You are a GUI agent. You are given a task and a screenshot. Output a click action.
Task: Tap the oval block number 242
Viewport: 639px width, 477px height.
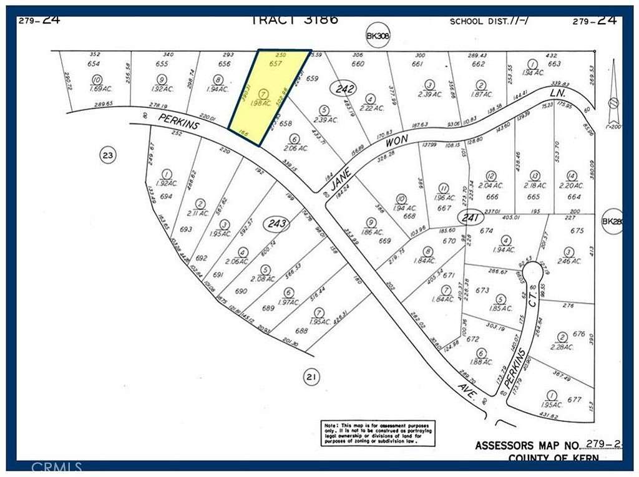coord(345,89)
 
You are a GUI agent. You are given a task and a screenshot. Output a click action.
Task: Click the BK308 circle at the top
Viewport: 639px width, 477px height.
coord(378,37)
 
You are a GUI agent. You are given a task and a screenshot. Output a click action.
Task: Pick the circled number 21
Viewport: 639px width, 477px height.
coord(310,376)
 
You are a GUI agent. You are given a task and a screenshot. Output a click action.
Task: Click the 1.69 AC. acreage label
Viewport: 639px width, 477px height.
coord(97,89)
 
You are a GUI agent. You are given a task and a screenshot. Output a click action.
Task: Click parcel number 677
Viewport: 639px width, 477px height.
coord(574,400)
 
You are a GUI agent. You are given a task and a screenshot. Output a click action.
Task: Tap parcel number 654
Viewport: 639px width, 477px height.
coord(94,64)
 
